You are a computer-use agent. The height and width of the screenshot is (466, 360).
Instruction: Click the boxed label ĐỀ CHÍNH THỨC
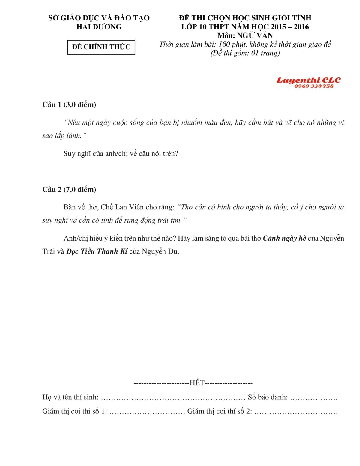click(101, 47)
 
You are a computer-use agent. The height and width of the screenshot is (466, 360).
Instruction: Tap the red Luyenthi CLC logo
click(308, 80)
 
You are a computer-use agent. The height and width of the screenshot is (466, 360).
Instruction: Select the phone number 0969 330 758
click(314, 86)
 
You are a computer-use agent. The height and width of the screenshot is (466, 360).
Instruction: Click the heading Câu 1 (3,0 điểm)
click(69, 104)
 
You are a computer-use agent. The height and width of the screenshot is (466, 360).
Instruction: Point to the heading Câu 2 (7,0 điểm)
click(69, 189)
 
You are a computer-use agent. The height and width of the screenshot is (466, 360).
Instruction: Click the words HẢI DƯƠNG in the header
click(99, 27)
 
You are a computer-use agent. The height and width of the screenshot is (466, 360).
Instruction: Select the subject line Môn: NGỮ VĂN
click(245, 35)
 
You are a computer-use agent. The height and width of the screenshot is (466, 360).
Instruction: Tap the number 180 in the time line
click(224, 44)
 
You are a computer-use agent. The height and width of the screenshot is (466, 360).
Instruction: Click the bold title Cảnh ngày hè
click(284, 238)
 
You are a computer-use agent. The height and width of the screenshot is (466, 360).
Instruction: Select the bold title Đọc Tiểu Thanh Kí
click(97, 251)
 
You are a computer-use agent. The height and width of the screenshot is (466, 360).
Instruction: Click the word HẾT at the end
click(197, 383)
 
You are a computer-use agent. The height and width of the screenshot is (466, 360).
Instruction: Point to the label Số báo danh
click(268, 397)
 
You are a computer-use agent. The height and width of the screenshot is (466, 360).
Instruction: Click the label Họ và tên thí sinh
click(70, 397)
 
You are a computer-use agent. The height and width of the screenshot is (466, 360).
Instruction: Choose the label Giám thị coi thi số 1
click(74, 411)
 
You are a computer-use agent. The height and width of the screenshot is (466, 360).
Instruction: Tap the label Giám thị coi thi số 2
click(220, 411)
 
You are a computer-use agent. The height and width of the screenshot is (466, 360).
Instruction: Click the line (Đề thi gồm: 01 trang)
click(245, 53)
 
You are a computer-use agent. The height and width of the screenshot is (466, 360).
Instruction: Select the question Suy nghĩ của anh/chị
click(121, 154)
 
